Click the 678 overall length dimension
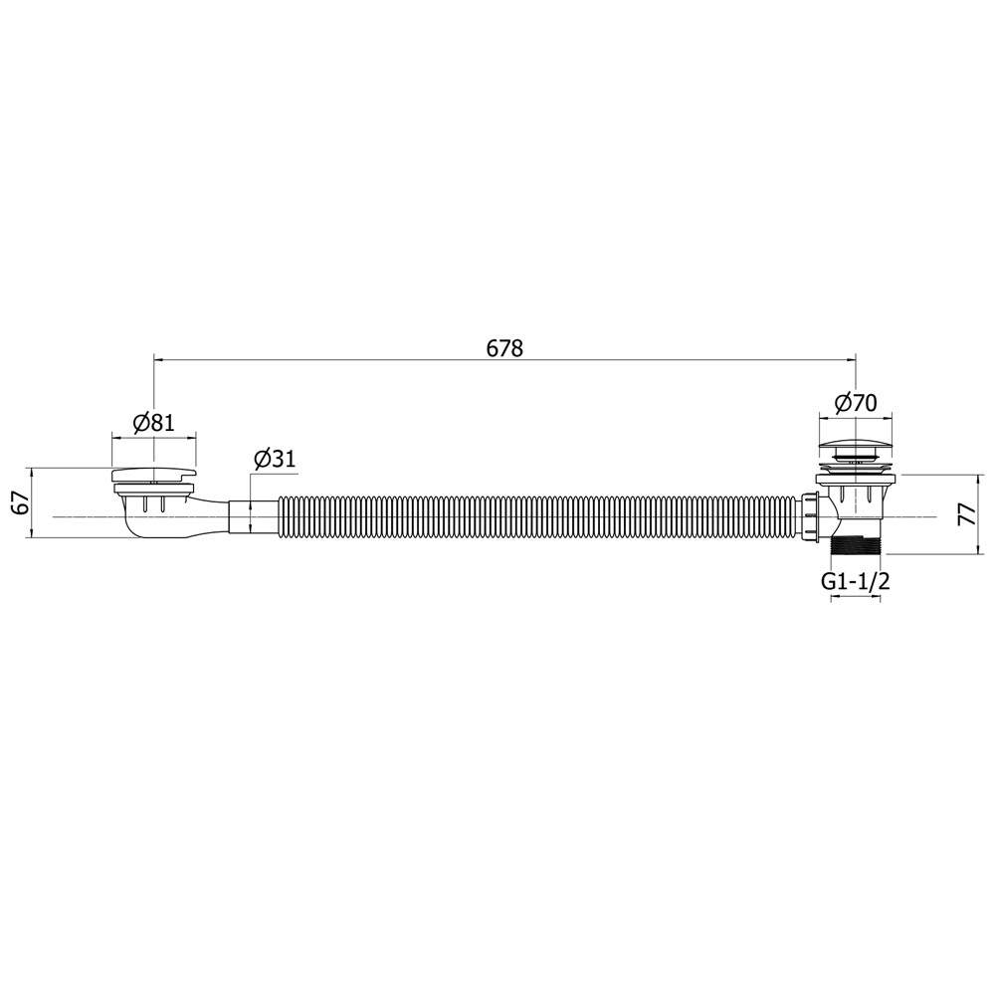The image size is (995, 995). tap(504, 348)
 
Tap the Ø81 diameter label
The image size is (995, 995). tap(153, 423)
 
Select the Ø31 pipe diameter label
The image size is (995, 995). tap(275, 458)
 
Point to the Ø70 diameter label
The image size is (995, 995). tap(856, 403)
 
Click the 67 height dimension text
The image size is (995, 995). tap(21, 502)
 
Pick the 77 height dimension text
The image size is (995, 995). tap(965, 514)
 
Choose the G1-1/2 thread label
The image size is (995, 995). tap(856, 581)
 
